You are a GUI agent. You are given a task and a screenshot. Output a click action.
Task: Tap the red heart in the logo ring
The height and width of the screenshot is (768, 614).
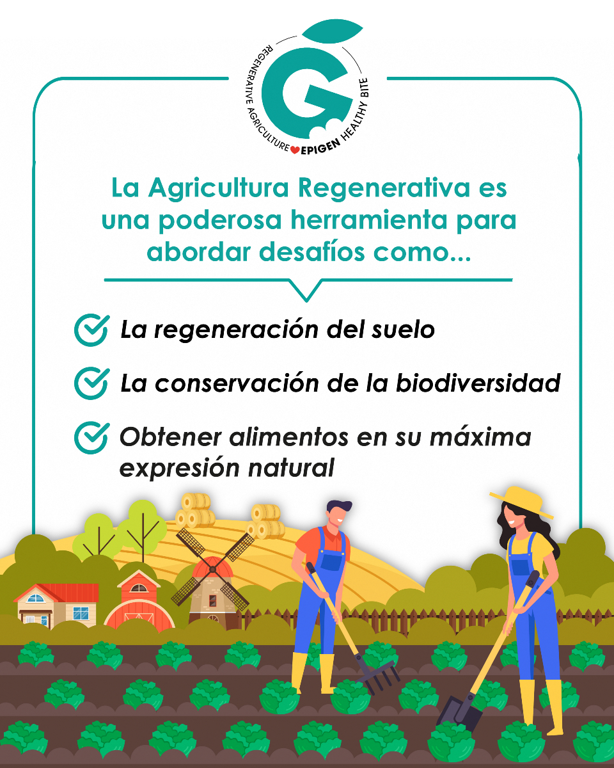pyautogui.click(x=295, y=149)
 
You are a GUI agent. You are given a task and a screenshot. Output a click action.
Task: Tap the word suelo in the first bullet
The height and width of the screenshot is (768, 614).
pyautogui.click(x=404, y=330)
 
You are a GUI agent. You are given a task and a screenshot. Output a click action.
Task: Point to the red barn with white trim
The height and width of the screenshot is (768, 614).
pyautogui.click(x=139, y=604)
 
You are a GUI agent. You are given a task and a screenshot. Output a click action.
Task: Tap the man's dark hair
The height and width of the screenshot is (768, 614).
pyautogui.click(x=339, y=506)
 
